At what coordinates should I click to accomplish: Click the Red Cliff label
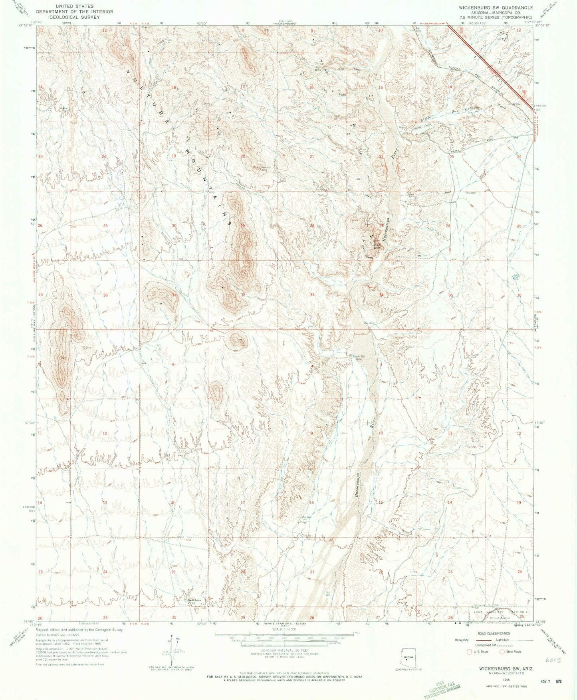pos(377,246)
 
